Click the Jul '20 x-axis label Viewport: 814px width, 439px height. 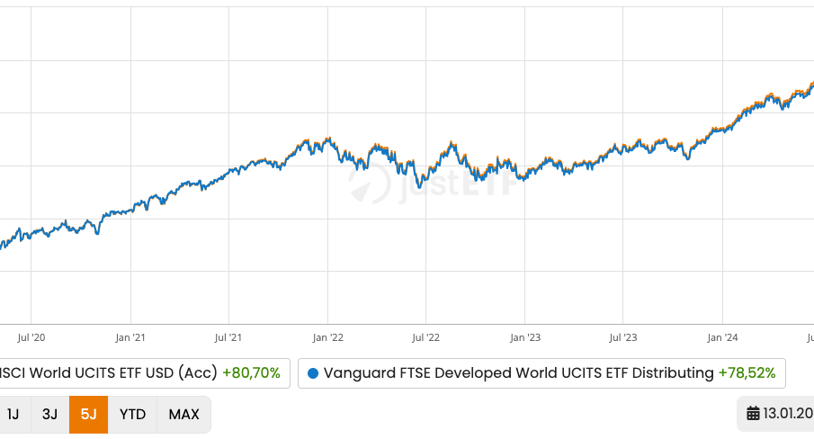click(x=31, y=338)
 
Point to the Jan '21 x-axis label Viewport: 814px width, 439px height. click(x=130, y=338)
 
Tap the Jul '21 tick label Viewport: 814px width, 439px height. click(x=228, y=338)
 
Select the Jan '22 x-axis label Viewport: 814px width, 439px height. click(x=327, y=338)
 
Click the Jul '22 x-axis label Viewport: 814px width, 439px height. click(x=425, y=338)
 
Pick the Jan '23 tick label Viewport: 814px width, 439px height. click(x=524, y=338)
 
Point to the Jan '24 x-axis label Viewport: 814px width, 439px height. click(x=722, y=338)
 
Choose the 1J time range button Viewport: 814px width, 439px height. click(x=13, y=415)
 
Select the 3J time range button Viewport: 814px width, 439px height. click(x=49, y=415)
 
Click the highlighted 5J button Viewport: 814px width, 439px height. click(x=88, y=415)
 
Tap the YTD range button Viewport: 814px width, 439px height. click(x=132, y=415)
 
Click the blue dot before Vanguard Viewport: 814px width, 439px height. click(x=313, y=372)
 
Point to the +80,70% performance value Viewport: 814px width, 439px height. click(x=251, y=372)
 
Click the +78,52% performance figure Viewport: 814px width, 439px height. click(x=747, y=372)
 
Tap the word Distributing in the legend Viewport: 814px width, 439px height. click(x=665, y=372)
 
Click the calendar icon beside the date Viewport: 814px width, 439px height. click(x=753, y=415)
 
